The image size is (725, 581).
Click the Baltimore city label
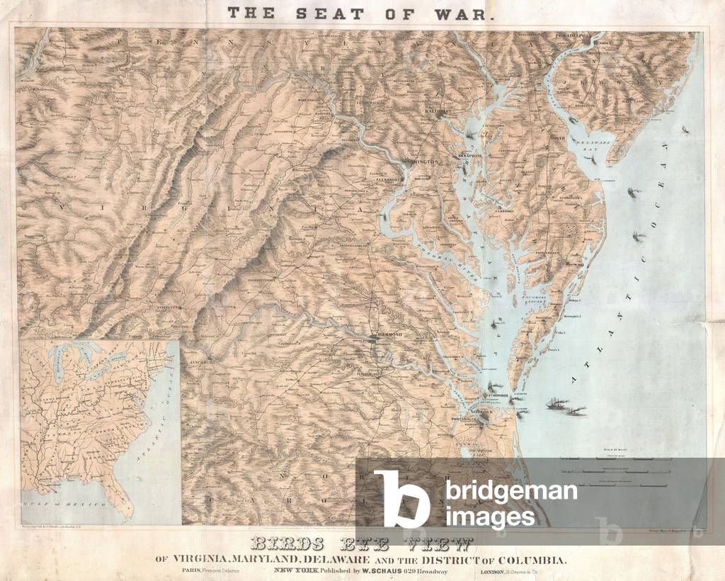tap(438, 112)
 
